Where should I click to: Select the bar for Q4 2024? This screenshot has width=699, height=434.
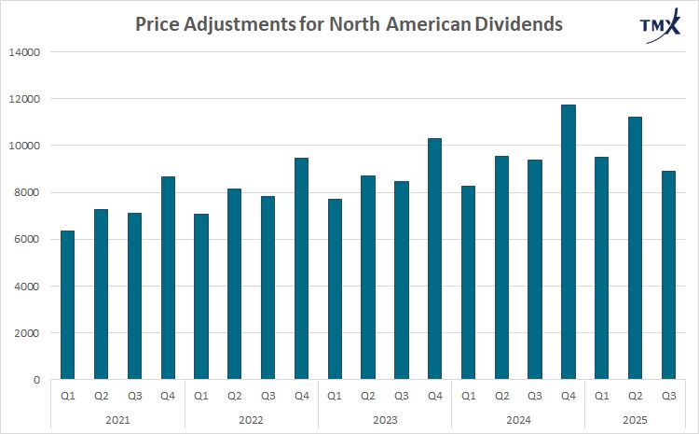(569, 243)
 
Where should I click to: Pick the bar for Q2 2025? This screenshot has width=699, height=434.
(636, 248)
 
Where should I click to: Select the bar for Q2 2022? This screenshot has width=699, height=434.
(235, 285)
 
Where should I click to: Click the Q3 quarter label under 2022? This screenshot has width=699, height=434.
(268, 395)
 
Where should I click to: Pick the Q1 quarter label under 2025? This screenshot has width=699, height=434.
(601, 395)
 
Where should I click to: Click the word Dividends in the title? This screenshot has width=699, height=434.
(514, 24)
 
